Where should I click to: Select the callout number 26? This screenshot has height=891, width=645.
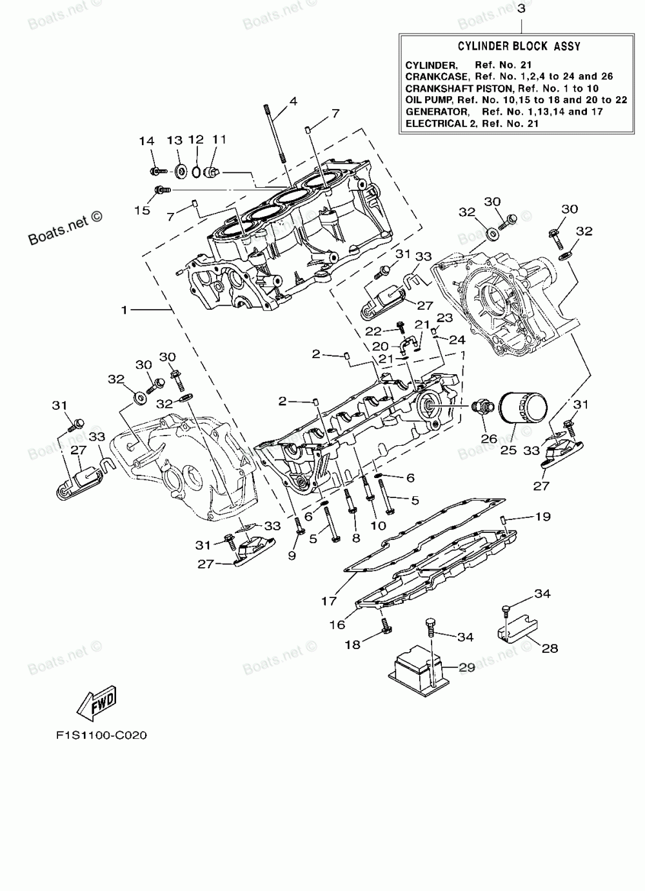[489, 438]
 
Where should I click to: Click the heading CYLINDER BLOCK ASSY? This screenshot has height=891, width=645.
[519, 46]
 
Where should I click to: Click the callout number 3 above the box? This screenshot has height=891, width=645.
[521, 8]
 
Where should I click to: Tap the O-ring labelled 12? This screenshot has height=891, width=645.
[195, 172]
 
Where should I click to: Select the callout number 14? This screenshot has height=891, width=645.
[146, 141]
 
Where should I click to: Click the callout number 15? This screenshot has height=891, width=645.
[142, 210]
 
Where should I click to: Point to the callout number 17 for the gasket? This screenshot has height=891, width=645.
[329, 601]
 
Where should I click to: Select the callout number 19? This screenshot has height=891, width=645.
[543, 516]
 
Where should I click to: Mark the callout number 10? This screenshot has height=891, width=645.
[378, 525]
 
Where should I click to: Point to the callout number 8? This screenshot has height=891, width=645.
[356, 538]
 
